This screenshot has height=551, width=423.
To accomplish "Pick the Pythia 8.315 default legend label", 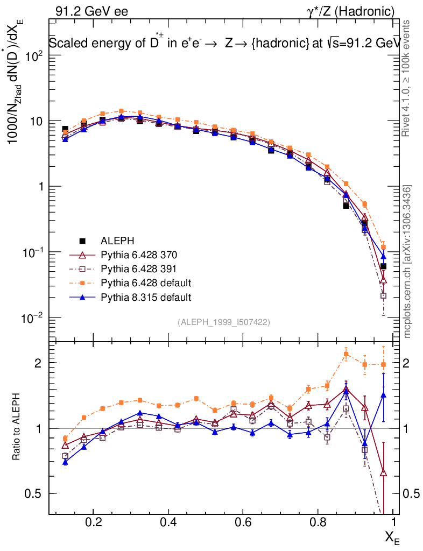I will (146, 296).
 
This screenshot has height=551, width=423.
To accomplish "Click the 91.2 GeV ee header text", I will (91, 11).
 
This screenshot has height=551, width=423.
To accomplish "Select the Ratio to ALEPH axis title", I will (18, 428).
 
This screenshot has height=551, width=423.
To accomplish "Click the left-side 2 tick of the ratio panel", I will (39, 363).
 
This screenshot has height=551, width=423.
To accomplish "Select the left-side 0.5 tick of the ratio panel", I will (34, 494).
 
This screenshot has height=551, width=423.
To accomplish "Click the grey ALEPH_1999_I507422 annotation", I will (223, 322).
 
